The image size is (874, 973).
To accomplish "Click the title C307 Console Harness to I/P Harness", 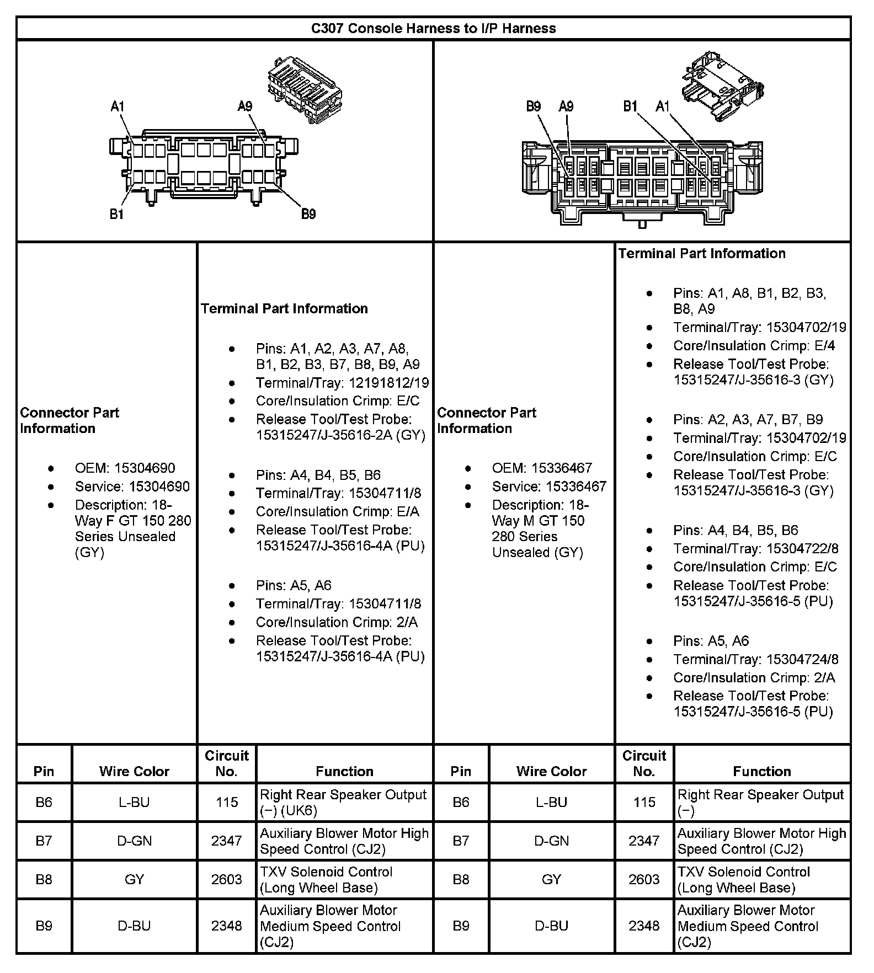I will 433,28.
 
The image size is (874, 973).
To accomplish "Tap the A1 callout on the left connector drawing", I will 118,106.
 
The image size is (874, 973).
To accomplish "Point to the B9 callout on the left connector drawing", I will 308,214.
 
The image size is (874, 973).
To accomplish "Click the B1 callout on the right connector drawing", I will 630,106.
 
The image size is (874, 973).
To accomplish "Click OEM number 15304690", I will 145,468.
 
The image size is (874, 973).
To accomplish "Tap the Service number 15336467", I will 576,487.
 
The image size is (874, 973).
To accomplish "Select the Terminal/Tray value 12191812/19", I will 388,383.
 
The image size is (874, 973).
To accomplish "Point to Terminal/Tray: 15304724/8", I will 756,659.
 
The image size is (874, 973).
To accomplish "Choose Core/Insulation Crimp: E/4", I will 754,346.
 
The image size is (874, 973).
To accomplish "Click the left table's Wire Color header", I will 134,771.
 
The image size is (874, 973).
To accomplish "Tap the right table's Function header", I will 761,771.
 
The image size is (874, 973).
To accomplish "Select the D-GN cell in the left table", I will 134,841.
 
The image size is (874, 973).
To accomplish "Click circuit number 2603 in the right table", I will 644,879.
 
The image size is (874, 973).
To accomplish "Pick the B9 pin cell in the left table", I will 44,926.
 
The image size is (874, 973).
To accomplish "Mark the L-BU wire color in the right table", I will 551,802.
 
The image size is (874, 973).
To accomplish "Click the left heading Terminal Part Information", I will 284,308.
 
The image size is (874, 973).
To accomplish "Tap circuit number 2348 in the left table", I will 226,926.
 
